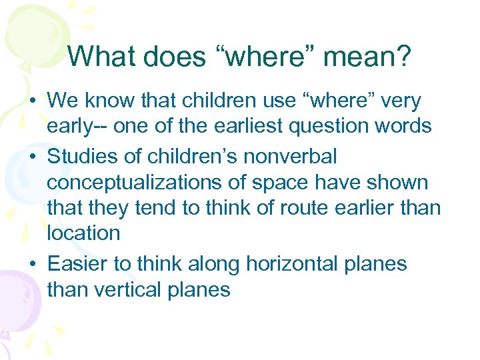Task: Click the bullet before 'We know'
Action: pyautogui.click(x=33, y=101)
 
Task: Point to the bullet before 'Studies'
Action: pyautogui.click(x=33, y=157)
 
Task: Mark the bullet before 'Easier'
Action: pyautogui.click(x=33, y=264)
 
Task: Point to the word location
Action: pyautogui.click(x=83, y=233)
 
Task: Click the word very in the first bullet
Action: pyautogui.click(x=401, y=101)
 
